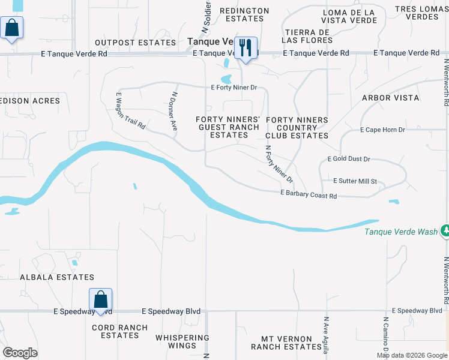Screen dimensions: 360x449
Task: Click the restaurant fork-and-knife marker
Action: (246, 48)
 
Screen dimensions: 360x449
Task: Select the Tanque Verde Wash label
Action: (400, 232)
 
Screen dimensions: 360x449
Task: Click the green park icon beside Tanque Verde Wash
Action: (445, 230)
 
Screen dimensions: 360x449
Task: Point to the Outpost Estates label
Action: (136, 43)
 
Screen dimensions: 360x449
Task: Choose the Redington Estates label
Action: (244, 14)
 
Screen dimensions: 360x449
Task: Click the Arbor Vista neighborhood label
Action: (390, 98)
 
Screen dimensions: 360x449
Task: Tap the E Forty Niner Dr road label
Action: (234, 88)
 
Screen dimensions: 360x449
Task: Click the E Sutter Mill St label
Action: (355, 181)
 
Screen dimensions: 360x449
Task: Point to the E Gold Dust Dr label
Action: (349, 159)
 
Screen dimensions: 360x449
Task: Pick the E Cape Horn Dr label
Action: (382, 130)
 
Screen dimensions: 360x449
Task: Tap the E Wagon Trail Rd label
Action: (130, 111)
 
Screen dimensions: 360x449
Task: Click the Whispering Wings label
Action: (182, 341)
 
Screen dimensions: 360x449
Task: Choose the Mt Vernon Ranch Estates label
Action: (286, 343)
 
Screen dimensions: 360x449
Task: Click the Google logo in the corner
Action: (20, 353)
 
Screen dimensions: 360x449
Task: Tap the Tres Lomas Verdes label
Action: (421, 13)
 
